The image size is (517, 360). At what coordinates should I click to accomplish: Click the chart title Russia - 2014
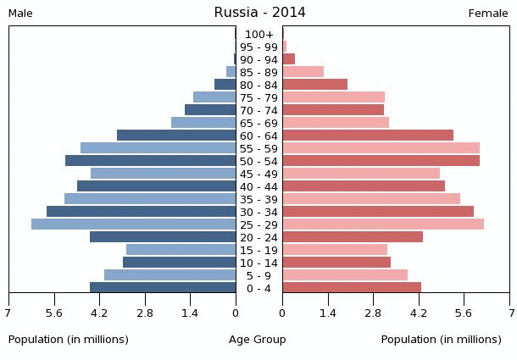(x=259, y=13)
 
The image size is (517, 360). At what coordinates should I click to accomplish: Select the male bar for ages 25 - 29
(x=133, y=224)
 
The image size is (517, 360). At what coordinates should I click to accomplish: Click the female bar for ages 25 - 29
(x=383, y=224)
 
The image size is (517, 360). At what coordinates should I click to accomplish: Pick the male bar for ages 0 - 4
(x=163, y=288)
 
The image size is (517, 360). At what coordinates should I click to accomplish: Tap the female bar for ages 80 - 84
(x=314, y=85)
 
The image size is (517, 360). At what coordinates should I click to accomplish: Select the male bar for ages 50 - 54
(x=150, y=161)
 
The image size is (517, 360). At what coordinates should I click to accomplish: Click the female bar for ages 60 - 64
(x=368, y=136)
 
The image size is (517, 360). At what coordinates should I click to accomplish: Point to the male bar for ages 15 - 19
(x=181, y=250)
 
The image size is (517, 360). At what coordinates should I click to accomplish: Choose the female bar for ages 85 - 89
(x=303, y=72)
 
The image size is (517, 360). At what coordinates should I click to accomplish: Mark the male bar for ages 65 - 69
(x=203, y=123)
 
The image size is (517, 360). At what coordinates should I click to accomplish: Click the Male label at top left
(x=20, y=14)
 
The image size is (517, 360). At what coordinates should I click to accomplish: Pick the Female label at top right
(x=488, y=14)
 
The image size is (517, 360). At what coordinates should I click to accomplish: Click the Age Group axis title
(x=258, y=340)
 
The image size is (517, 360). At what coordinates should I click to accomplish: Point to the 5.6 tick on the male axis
(x=54, y=313)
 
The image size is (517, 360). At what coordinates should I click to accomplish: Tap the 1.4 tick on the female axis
(x=328, y=313)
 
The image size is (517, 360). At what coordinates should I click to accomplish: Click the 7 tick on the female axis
(x=509, y=313)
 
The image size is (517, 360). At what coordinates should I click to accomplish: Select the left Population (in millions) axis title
(x=69, y=340)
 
